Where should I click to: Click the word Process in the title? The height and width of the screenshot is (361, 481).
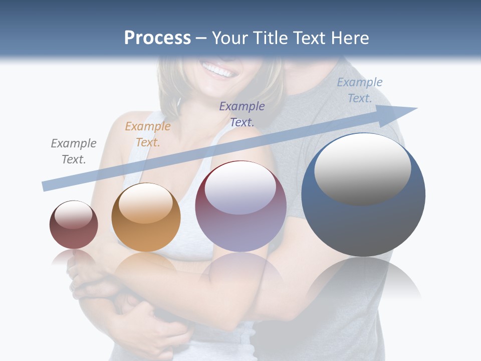point(157,38)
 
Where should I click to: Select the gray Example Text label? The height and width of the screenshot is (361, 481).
point(74,151)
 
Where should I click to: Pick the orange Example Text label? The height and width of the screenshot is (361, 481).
point(148,134)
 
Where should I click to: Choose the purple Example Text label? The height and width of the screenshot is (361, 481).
point(242,114)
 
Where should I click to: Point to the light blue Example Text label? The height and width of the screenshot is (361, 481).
point(360,90)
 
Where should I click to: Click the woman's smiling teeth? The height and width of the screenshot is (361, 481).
point(218,70)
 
